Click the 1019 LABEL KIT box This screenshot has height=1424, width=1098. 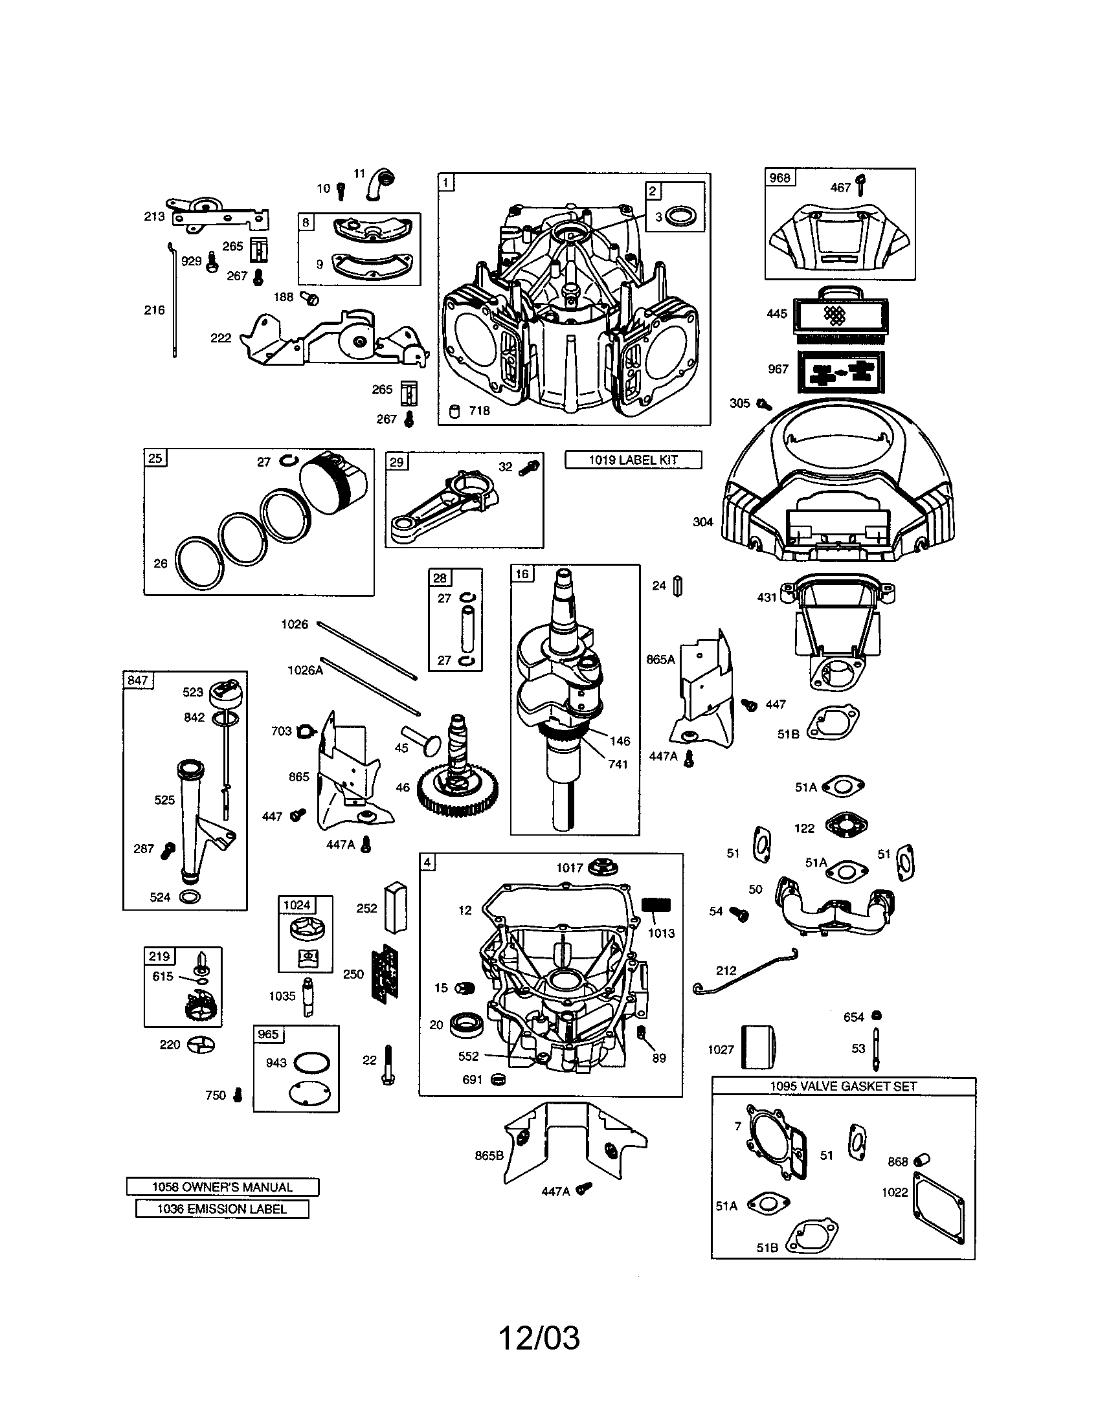tap(633, 460)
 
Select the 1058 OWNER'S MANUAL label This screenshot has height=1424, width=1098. tap(222, 1186)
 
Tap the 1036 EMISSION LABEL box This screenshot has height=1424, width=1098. tap(221, 1209)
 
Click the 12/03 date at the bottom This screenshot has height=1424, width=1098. tap(539, 1338)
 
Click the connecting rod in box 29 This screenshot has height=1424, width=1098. tap(450, 502)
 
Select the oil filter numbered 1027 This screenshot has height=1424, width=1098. tap(758, 1049)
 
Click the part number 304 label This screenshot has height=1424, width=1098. tap(703, 522)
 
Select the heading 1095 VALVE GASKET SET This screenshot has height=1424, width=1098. tap(843, 1086)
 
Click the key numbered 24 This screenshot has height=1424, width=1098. tap(677, 586)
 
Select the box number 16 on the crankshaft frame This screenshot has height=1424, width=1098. tap(522, 573)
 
